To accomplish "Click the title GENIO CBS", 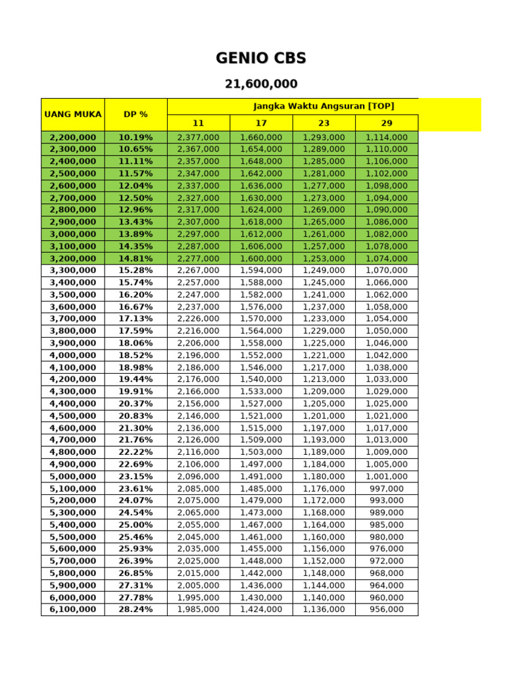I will pos(261,58).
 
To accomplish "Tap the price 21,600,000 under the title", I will pos(261,84).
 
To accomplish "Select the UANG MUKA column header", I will pos(73,114).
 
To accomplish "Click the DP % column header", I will pos(135,114).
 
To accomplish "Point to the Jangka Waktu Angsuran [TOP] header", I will pos(324,106).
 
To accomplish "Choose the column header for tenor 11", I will pos(199,123).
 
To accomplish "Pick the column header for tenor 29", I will pos(387,123).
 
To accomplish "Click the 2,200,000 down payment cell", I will pos(73,138).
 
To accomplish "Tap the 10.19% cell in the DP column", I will pos(135,138).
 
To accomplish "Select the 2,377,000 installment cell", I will pos(199,138).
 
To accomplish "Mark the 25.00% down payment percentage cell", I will pos(135,525).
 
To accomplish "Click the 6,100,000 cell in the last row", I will pos(73,609).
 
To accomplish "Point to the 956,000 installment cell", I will pos(387,609).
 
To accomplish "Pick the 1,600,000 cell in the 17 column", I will pos(261,259).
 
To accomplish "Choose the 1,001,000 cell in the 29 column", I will pos(387,477).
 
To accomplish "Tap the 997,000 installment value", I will pos(387,488).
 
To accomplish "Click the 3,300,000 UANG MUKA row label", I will pos(73,271).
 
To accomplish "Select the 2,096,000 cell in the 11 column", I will pos(199,477).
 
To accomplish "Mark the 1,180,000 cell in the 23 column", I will pos(324,477).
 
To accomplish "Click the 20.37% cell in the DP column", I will pos(135,403).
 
